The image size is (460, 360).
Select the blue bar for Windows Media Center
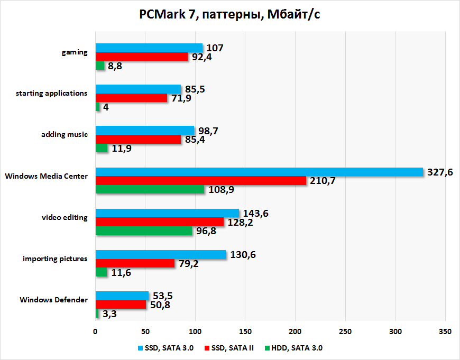(259, 172)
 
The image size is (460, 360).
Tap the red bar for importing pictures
(135, 263)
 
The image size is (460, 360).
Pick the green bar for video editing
(144, 231)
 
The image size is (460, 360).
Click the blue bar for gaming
(149, 48)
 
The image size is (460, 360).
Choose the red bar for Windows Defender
(121, 304)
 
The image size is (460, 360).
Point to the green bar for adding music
(102, 149)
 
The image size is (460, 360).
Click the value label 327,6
(440, 172)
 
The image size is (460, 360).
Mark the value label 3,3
(109, 314)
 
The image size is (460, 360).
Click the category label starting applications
(51, 93)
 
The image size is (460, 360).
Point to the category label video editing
(65, 217)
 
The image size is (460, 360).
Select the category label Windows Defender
(54, 300)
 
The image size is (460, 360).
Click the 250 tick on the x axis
(345, 331)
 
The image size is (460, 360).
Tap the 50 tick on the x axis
(145, 331)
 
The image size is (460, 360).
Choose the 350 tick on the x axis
(445, 331)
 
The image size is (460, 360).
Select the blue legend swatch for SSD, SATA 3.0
(140, 348)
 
